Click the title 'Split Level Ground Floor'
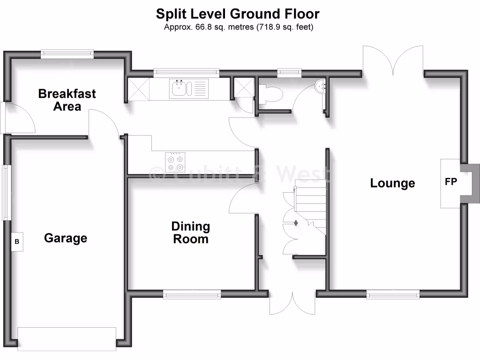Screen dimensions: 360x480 tap(238, 14)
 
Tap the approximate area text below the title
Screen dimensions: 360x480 tap(238, 27)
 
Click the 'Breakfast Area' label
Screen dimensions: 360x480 tap(67, 99)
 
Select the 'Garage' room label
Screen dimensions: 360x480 tap(66, 238)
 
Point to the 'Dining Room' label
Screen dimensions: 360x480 tap(190, 232)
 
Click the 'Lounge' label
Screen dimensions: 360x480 tap(392, 183)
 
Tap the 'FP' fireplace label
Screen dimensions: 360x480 tap(450, 182)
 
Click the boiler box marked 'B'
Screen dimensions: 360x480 tap(17, 242)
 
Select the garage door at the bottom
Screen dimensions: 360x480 tap(67, 338)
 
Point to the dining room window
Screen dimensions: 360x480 tap(192, 294)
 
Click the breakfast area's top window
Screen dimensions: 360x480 tap(67, 53)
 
